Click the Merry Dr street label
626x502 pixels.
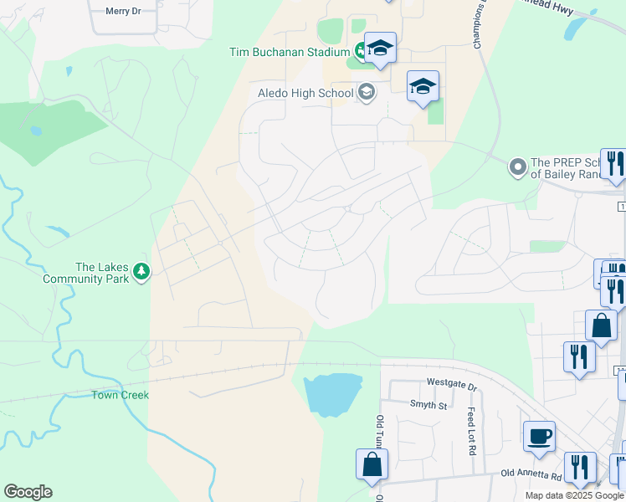tap(124, 12)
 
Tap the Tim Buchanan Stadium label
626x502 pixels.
tap(289, 52)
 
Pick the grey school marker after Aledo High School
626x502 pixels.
tap(366, 92)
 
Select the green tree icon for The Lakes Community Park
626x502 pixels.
tap(142, 271)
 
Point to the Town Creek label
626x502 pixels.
tap(121, 394)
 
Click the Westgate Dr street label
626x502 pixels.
tap(450, 387)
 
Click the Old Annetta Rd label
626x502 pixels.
tap(530, 475)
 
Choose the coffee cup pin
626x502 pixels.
tap(539, 436)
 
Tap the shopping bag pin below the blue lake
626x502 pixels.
tap(372, 464)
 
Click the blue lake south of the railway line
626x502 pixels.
tap(332, 394)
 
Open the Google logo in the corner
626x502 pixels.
tap(28, 492)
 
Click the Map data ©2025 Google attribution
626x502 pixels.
tap(574, 495)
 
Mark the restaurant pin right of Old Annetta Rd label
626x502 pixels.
tap(579, 467)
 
